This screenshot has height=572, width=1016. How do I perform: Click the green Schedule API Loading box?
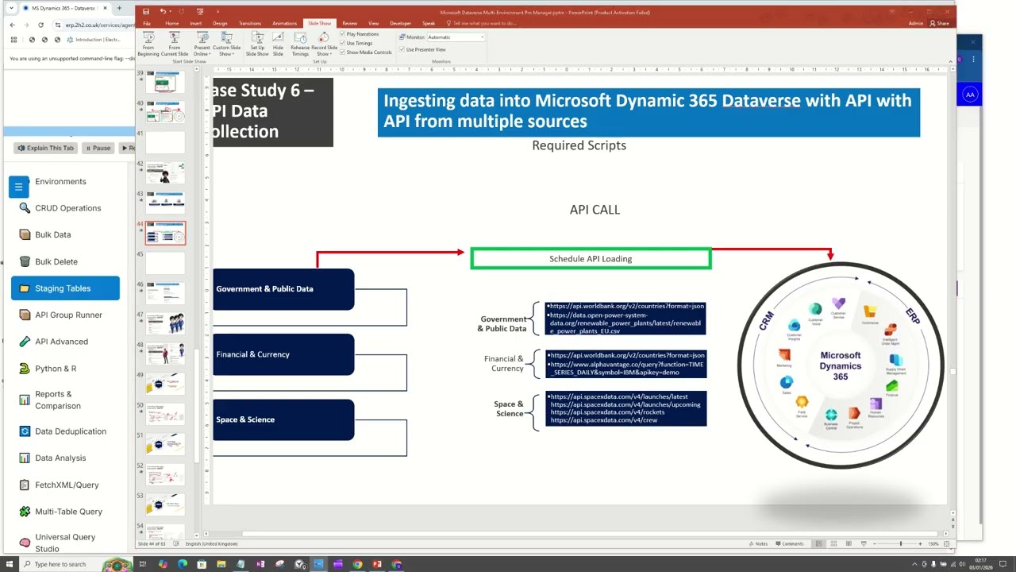(x=591, y=259)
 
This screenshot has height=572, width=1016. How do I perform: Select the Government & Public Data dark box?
(x=283, y=289)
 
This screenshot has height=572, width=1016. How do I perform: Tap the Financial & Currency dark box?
(x=283, y=354)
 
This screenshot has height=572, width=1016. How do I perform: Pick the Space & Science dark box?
(x=283, y=419)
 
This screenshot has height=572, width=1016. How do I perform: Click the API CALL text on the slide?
(x=595, y=210)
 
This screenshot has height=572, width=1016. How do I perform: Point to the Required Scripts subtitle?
(x=579, y=145)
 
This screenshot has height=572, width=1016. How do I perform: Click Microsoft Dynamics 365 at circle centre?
(x=840, y=366)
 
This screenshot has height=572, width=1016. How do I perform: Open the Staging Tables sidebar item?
(x=63, y=288)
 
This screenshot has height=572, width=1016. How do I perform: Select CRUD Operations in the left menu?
(x=67, y=208)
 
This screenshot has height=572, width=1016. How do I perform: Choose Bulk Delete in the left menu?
(x=56, y=261)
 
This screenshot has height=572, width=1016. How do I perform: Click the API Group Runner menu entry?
(x=68, y=315)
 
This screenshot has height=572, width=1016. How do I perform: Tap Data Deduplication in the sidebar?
(x=70, y=431)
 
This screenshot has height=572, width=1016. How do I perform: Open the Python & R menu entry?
(x=56, y=369)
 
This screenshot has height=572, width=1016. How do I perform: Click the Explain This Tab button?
(x=45, y=148)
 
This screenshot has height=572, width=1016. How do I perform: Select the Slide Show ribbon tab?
(x=319, y=24)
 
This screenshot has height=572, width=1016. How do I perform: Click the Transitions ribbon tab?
(x=250, y=24)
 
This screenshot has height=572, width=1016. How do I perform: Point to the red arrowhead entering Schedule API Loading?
(x=460, y=253)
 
